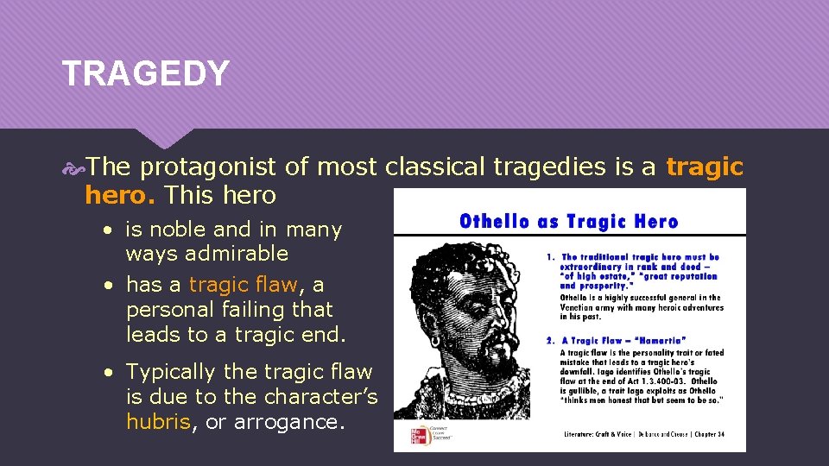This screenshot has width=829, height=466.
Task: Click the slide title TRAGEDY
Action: point(145,73)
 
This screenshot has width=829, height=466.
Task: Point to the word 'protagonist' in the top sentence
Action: point(211,167)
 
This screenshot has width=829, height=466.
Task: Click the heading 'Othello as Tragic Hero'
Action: point(568,221)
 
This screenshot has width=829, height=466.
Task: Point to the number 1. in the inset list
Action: point(550,257)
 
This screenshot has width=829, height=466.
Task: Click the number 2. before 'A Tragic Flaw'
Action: point(550,341)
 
